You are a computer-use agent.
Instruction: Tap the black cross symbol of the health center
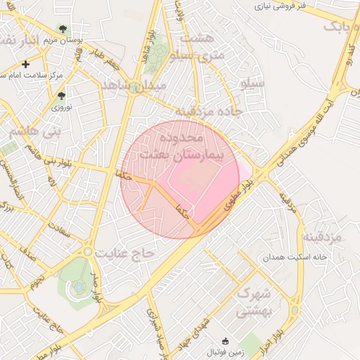(x=26, y=64)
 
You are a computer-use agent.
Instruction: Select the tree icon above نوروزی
(x=61, y=96)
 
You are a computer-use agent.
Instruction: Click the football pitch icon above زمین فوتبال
(x=224, y=340)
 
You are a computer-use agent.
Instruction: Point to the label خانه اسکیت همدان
(x=295, y=257)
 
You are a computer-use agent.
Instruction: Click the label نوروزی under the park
(x=60, y=108)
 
